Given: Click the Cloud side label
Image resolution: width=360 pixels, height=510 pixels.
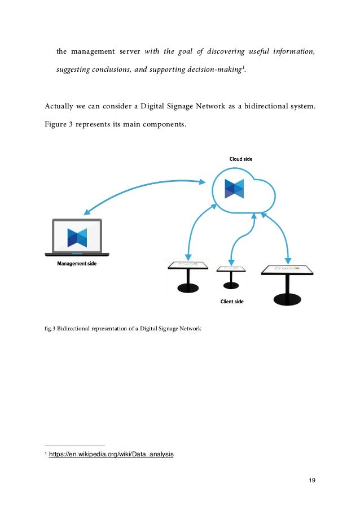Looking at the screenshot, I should coord(240,159).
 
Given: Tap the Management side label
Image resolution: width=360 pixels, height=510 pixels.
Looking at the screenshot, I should coord(77,263).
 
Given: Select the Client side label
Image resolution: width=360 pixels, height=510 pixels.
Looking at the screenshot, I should coord(232,302).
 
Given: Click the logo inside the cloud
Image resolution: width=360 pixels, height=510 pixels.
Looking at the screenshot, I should coord(234,189).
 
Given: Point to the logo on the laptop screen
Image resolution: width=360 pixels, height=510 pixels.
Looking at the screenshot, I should coord(77,238).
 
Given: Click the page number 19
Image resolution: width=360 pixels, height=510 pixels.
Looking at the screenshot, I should coord(311,480).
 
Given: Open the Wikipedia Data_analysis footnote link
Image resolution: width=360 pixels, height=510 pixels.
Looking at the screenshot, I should coord(111,453).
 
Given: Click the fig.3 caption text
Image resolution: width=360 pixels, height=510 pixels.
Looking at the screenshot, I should coord(122,328).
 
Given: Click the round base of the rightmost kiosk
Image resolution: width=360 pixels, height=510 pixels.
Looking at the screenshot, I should coord(287,299).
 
